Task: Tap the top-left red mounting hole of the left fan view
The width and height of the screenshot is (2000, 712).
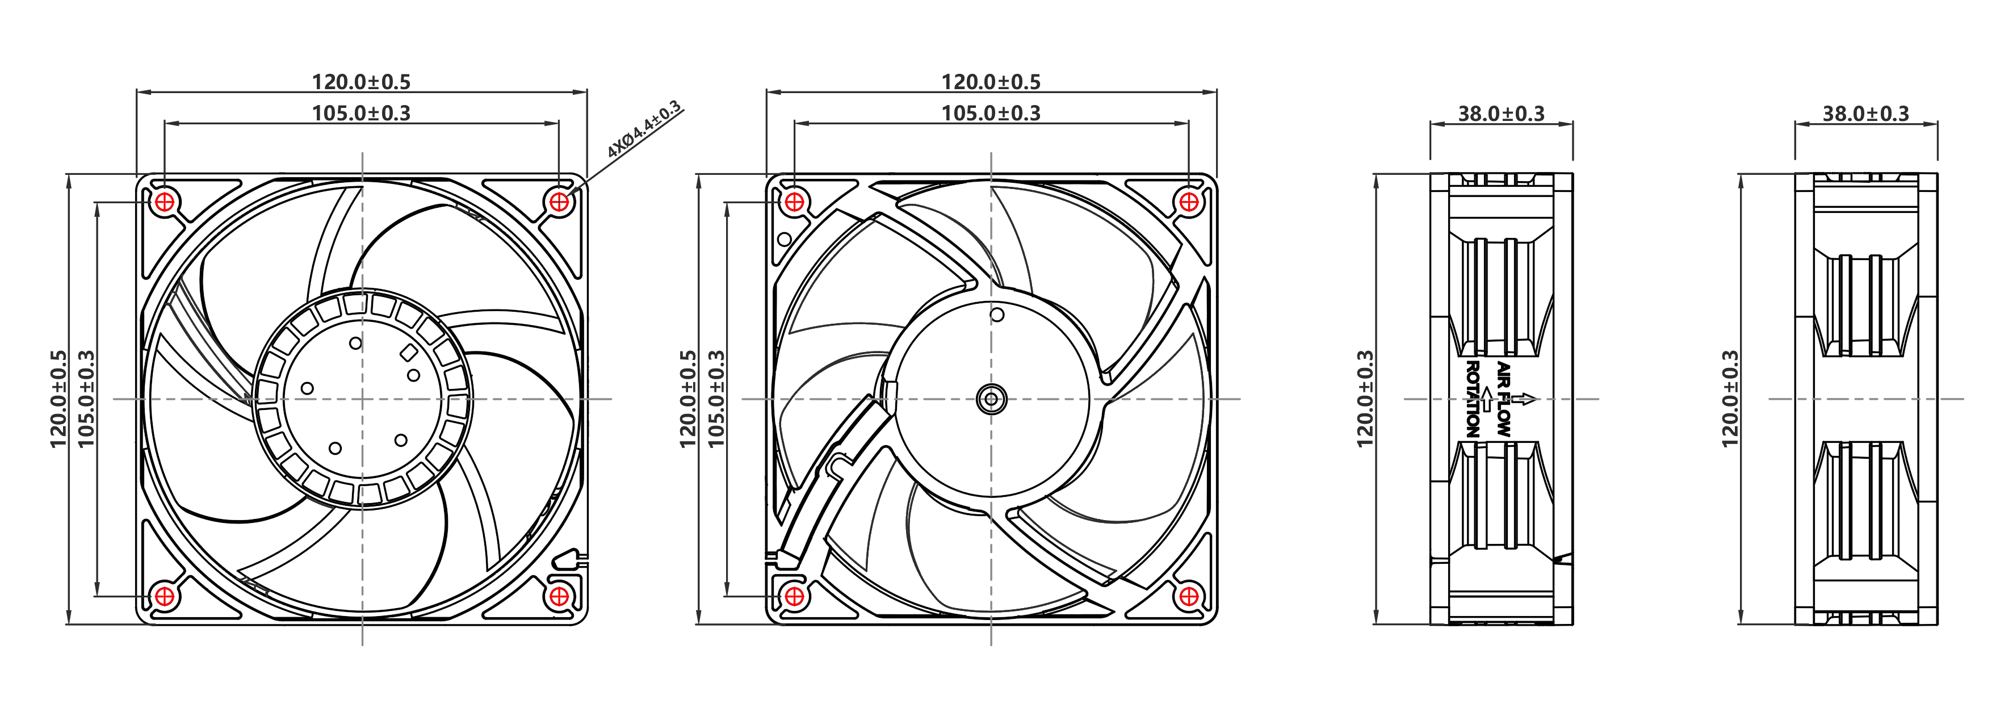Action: (x=165, y=203)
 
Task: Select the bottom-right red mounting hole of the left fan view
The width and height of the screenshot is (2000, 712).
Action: (x=559, y=596)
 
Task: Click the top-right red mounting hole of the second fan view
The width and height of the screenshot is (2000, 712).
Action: (x=1189, y=203)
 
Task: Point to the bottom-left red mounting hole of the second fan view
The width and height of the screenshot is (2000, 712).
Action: (x=794, y=596)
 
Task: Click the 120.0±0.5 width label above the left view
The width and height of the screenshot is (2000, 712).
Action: (x=361, y=82)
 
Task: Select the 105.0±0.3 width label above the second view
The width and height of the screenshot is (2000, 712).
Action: (x=991, y=114)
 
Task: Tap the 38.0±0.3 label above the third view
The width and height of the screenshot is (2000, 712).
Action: (x=1501, y=114)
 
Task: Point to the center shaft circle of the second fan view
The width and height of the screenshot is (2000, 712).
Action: (x=991, y=400)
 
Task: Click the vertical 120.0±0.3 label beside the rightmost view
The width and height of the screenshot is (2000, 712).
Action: (x=1730, y=399)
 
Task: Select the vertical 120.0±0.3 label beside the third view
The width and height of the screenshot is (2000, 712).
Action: (x=1365, y=399)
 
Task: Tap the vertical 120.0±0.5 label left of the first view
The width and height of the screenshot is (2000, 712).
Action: (x=59, y=399)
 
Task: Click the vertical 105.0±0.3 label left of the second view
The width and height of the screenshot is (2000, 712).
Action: (x=716, y=399)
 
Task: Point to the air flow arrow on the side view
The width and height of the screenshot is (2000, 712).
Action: (x=1524, y=399)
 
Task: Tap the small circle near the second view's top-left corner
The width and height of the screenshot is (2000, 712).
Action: (x=784, y=239)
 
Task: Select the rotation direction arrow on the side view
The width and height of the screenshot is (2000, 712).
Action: (x=1486, y=399)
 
